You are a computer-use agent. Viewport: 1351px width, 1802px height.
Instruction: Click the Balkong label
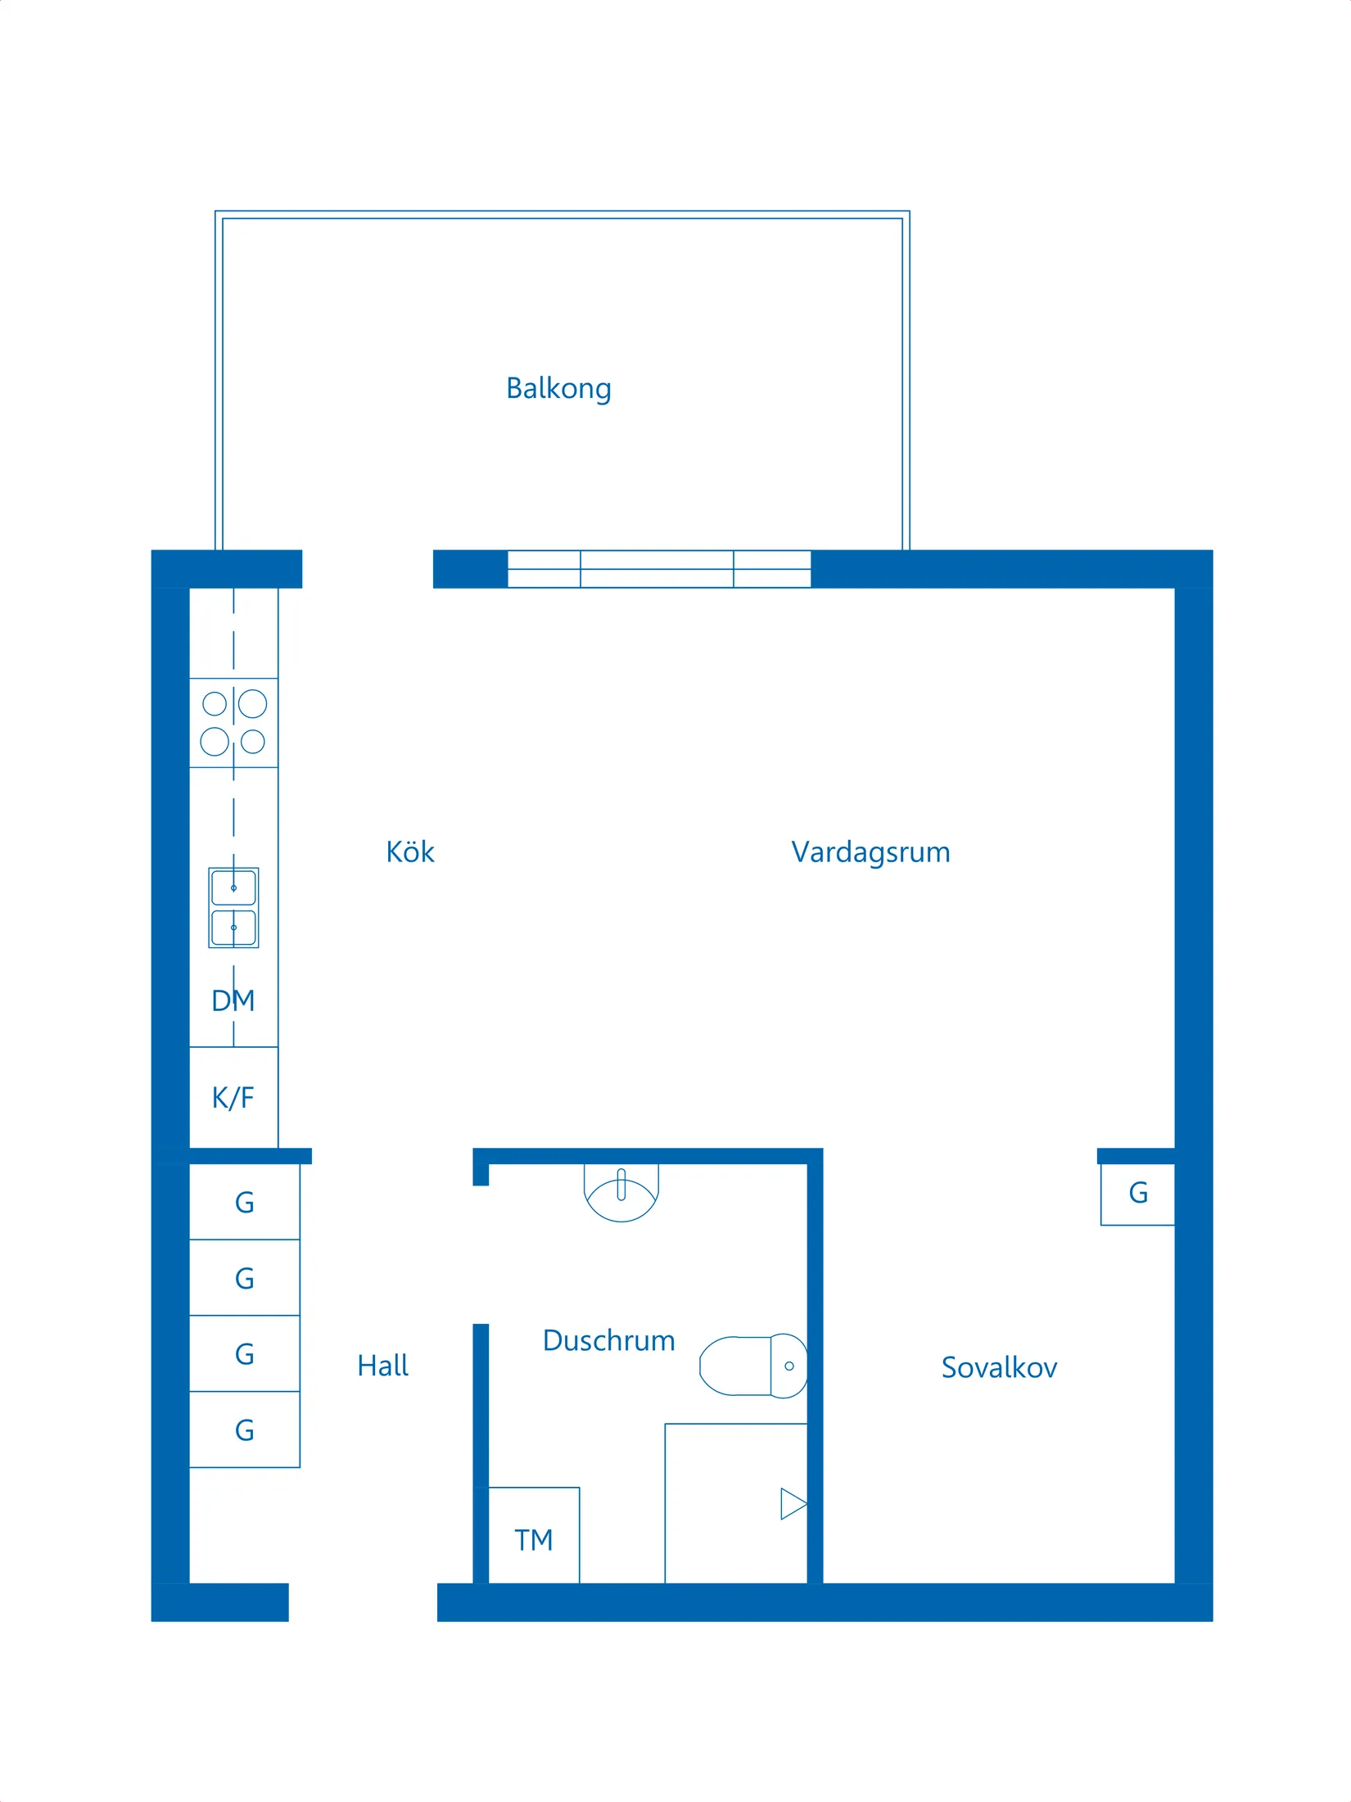[558, 388]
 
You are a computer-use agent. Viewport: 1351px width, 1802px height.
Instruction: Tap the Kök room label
[409, 852]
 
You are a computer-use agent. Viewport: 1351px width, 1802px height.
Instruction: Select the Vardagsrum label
[870, 852]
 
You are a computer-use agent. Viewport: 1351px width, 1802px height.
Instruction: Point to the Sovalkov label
[999, 1368]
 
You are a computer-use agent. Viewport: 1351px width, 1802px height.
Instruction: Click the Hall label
[382, 1366]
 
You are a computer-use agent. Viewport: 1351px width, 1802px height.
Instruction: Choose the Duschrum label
[608, 1341]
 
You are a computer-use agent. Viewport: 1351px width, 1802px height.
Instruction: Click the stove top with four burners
[234, 723]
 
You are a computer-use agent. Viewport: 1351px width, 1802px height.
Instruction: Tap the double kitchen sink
[234, 908]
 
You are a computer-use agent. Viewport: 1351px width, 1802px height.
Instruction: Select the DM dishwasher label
[233, 1000]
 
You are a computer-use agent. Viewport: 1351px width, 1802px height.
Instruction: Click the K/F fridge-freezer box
[233, 1098]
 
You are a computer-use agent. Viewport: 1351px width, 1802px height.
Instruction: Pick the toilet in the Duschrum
[753, 1366]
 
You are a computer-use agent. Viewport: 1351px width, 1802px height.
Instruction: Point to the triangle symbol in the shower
[793, 1504]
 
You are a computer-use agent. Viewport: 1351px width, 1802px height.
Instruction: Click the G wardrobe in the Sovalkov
[1137, 1194]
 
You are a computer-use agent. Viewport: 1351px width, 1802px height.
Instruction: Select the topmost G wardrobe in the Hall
[244, 1202]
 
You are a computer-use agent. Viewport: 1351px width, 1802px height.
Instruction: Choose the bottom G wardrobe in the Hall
[244, 1429]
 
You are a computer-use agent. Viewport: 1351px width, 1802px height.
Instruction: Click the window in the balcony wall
[659, 569]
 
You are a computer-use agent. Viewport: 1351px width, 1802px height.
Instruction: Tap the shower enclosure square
[735, 1503]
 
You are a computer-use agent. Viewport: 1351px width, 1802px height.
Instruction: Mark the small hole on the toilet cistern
[789, 1366]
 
